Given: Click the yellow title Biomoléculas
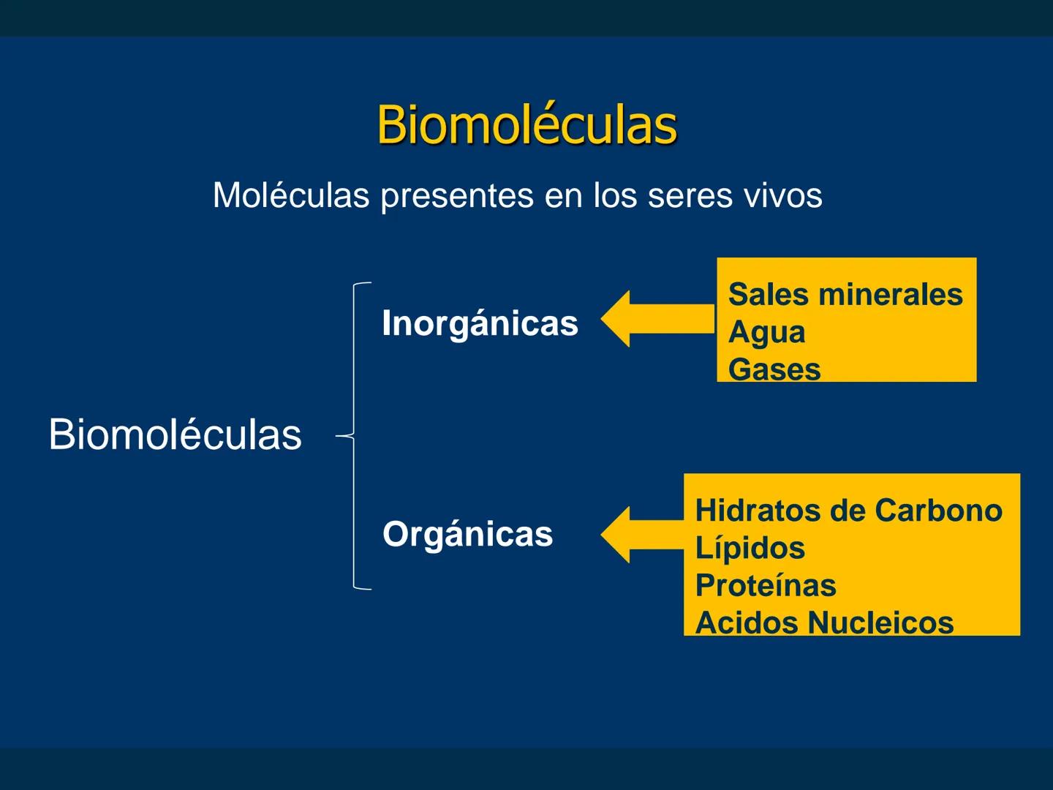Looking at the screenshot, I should coord(526,124).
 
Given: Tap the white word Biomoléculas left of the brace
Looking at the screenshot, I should coord(175,434).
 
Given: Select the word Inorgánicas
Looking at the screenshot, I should coord(480,323).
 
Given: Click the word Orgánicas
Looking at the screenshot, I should coord(467,533).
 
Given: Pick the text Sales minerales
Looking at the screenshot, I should coord(845,294).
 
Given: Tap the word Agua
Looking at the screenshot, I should coord(766,332).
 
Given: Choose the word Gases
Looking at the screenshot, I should coord(774,369).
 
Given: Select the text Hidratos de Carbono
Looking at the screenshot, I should coord(848,510).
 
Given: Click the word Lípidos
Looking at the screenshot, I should coord(750,548).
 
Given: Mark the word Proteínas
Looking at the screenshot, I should coord(766,585).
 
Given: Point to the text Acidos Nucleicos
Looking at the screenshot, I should coord(824,622).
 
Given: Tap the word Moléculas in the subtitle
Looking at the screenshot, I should coord(291,195).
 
